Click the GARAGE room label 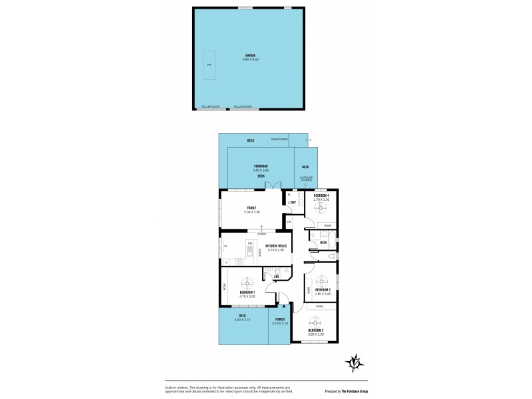pyautogui.click(x=251, y=56)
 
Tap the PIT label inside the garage pyautogui.click(x=209, y=65)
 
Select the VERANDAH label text pyautogui.click(x=260, y=166)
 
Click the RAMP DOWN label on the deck pyautogui.click(x=279, y=140)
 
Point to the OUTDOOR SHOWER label pyautogui.click(x=306, y=179)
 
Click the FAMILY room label pyautogui.click(x=251, y=207)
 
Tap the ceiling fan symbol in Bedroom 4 pyautogui.click(x=321, y=208)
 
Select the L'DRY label pyautogui.click(x=291, y=202)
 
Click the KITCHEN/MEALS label pyautogui.click(x=275, y=246)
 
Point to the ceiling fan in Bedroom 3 pyautogui.click(x=323, y=279)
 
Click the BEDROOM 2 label pyautogui.click(x=316, y=330)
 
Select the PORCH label pyautogui.click(x=281, y=319)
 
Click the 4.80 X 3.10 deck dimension pyautogui.click(x=243, y=319)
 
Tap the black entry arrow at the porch pyautogui.click(x=285, y=307)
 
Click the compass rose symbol pyautogui.click(x=355, y=362)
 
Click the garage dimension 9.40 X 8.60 pyautogui.click(x=251, y=60)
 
